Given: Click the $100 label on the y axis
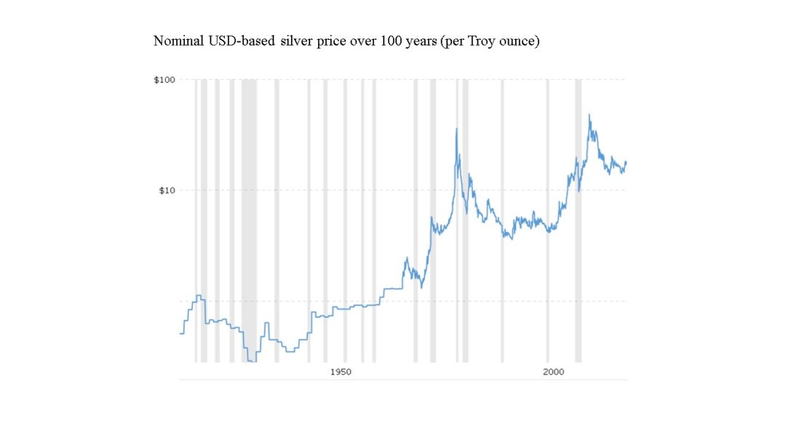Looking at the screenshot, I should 164,79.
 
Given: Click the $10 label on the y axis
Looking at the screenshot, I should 167,190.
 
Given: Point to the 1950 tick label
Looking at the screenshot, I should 341,372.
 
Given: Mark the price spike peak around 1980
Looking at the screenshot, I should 456,129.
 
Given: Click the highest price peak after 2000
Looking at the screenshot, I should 589,115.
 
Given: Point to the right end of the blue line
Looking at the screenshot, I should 626,162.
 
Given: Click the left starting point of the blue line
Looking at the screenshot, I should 180,334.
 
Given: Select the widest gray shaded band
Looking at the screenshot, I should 249,218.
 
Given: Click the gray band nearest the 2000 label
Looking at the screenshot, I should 548,218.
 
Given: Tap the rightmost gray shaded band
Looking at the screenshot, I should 579,218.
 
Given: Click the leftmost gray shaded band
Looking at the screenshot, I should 196,218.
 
